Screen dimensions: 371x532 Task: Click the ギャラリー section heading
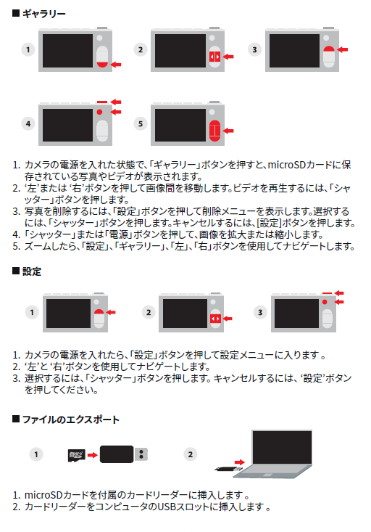43,14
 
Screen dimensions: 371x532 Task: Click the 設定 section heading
32,271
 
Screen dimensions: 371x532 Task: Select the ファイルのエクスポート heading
70,420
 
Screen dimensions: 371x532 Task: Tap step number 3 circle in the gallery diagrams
254,49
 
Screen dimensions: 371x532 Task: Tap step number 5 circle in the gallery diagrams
141,124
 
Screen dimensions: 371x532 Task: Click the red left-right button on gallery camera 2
214,57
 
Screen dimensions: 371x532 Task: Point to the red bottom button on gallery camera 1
102,65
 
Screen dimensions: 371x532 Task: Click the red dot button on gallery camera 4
99,112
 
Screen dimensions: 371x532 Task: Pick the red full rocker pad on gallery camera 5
214,131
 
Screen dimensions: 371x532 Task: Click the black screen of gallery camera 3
294,50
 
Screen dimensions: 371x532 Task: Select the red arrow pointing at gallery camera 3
343,49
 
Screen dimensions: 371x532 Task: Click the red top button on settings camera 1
99,312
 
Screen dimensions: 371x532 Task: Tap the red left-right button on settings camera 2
215,319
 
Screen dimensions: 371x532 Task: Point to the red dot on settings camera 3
325,302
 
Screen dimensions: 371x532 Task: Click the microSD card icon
76,455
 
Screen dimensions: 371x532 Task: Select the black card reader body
117,454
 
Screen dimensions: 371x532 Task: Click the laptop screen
282,447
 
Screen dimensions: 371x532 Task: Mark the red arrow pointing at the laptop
240,462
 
